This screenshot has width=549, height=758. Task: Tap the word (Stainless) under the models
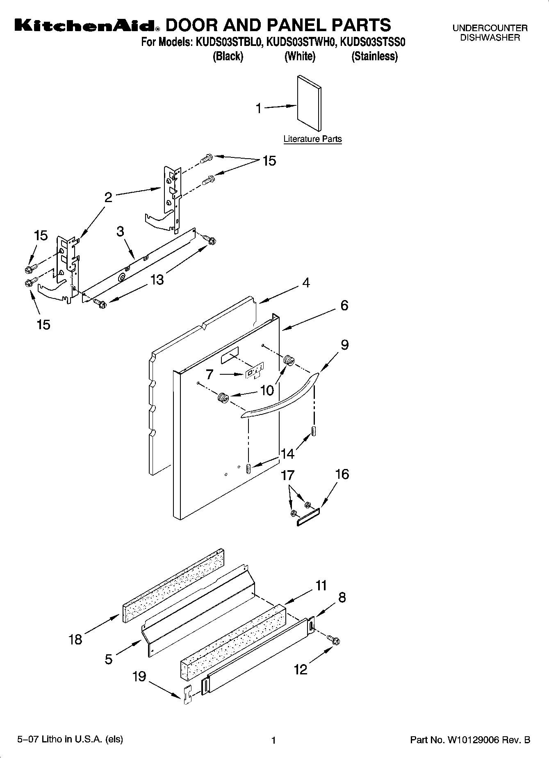(374, 56)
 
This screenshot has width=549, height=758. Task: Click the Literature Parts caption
(312, 139)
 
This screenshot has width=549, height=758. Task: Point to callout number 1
(258, 109)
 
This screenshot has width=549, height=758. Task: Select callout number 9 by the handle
(344, 345)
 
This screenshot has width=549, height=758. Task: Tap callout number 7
(210, 374)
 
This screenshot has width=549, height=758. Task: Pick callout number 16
(342, 474)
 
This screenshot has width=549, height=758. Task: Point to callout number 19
(139, 676)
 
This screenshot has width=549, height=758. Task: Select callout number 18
(75, 639)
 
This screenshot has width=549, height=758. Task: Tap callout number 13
(157, 280)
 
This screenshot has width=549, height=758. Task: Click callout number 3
(120, 231)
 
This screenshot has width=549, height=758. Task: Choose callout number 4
(306, 282)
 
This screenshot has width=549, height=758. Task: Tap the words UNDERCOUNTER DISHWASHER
(490, 33)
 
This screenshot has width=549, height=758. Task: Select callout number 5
(108, 659)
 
